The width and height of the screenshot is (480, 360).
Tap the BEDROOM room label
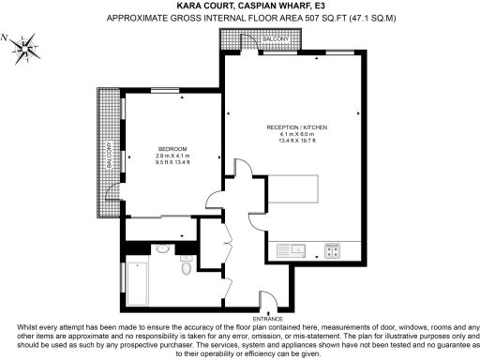pos(172,149)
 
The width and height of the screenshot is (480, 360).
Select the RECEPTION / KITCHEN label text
pos(296,127)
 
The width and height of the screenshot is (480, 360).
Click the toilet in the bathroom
pos(187,267)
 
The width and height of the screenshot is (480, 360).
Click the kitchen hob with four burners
pos(333,249)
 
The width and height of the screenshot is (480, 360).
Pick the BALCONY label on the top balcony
pos(276,37)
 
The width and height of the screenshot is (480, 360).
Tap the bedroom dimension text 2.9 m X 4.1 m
pos(172,156)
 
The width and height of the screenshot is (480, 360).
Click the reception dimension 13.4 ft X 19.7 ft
pos(296,141)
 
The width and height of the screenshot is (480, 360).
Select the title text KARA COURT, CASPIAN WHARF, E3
pos(239,5)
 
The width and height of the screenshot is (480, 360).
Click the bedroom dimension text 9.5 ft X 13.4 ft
pos(172,162)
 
